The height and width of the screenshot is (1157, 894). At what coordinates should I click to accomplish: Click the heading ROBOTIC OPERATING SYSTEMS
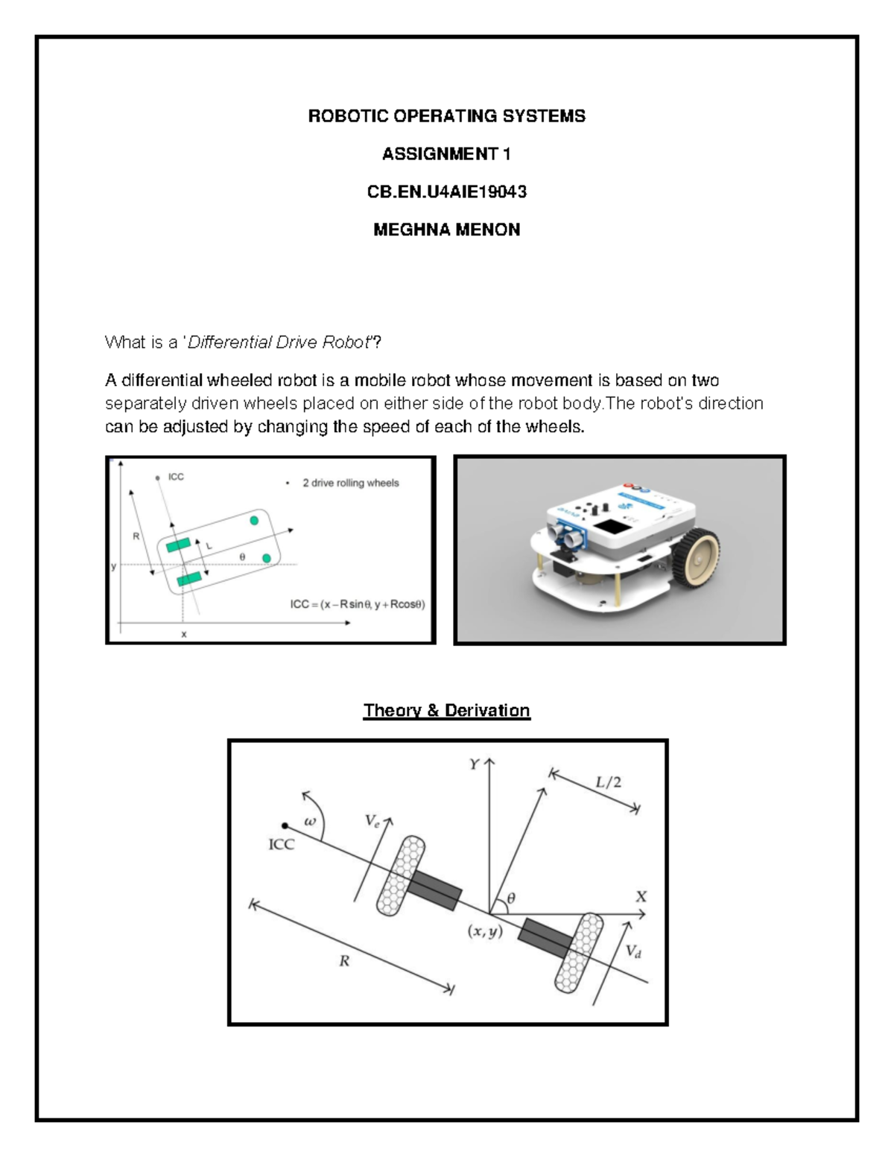coord(447,116)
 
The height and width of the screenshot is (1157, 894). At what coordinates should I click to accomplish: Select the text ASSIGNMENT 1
coord(447,154)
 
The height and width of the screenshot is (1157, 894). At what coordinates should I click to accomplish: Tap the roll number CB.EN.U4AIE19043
coord(447,192)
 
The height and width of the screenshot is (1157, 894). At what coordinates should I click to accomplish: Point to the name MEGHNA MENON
coord(447,230)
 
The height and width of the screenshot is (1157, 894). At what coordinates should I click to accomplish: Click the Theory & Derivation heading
coord(446,711)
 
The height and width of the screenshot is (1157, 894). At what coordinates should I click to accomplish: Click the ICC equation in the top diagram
coord(358,604)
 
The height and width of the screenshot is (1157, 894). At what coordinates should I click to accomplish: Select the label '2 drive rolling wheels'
coord(350,484)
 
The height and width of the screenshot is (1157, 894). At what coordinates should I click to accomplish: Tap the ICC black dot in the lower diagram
coord(285,825)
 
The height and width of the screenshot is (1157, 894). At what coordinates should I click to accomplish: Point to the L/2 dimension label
coord(608,782)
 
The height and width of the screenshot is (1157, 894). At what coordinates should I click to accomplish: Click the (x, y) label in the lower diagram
coord(484,931)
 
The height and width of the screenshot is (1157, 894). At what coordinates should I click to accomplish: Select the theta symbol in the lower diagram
coord(511,899)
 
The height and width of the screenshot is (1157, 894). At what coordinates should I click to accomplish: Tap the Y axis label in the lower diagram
coord(474,764)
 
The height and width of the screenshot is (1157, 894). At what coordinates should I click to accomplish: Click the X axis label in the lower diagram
coord(641,897)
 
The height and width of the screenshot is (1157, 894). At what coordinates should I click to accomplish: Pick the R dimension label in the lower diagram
coord(344,961)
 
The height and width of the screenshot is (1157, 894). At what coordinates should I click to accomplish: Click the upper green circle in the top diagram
coord(255,520)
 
